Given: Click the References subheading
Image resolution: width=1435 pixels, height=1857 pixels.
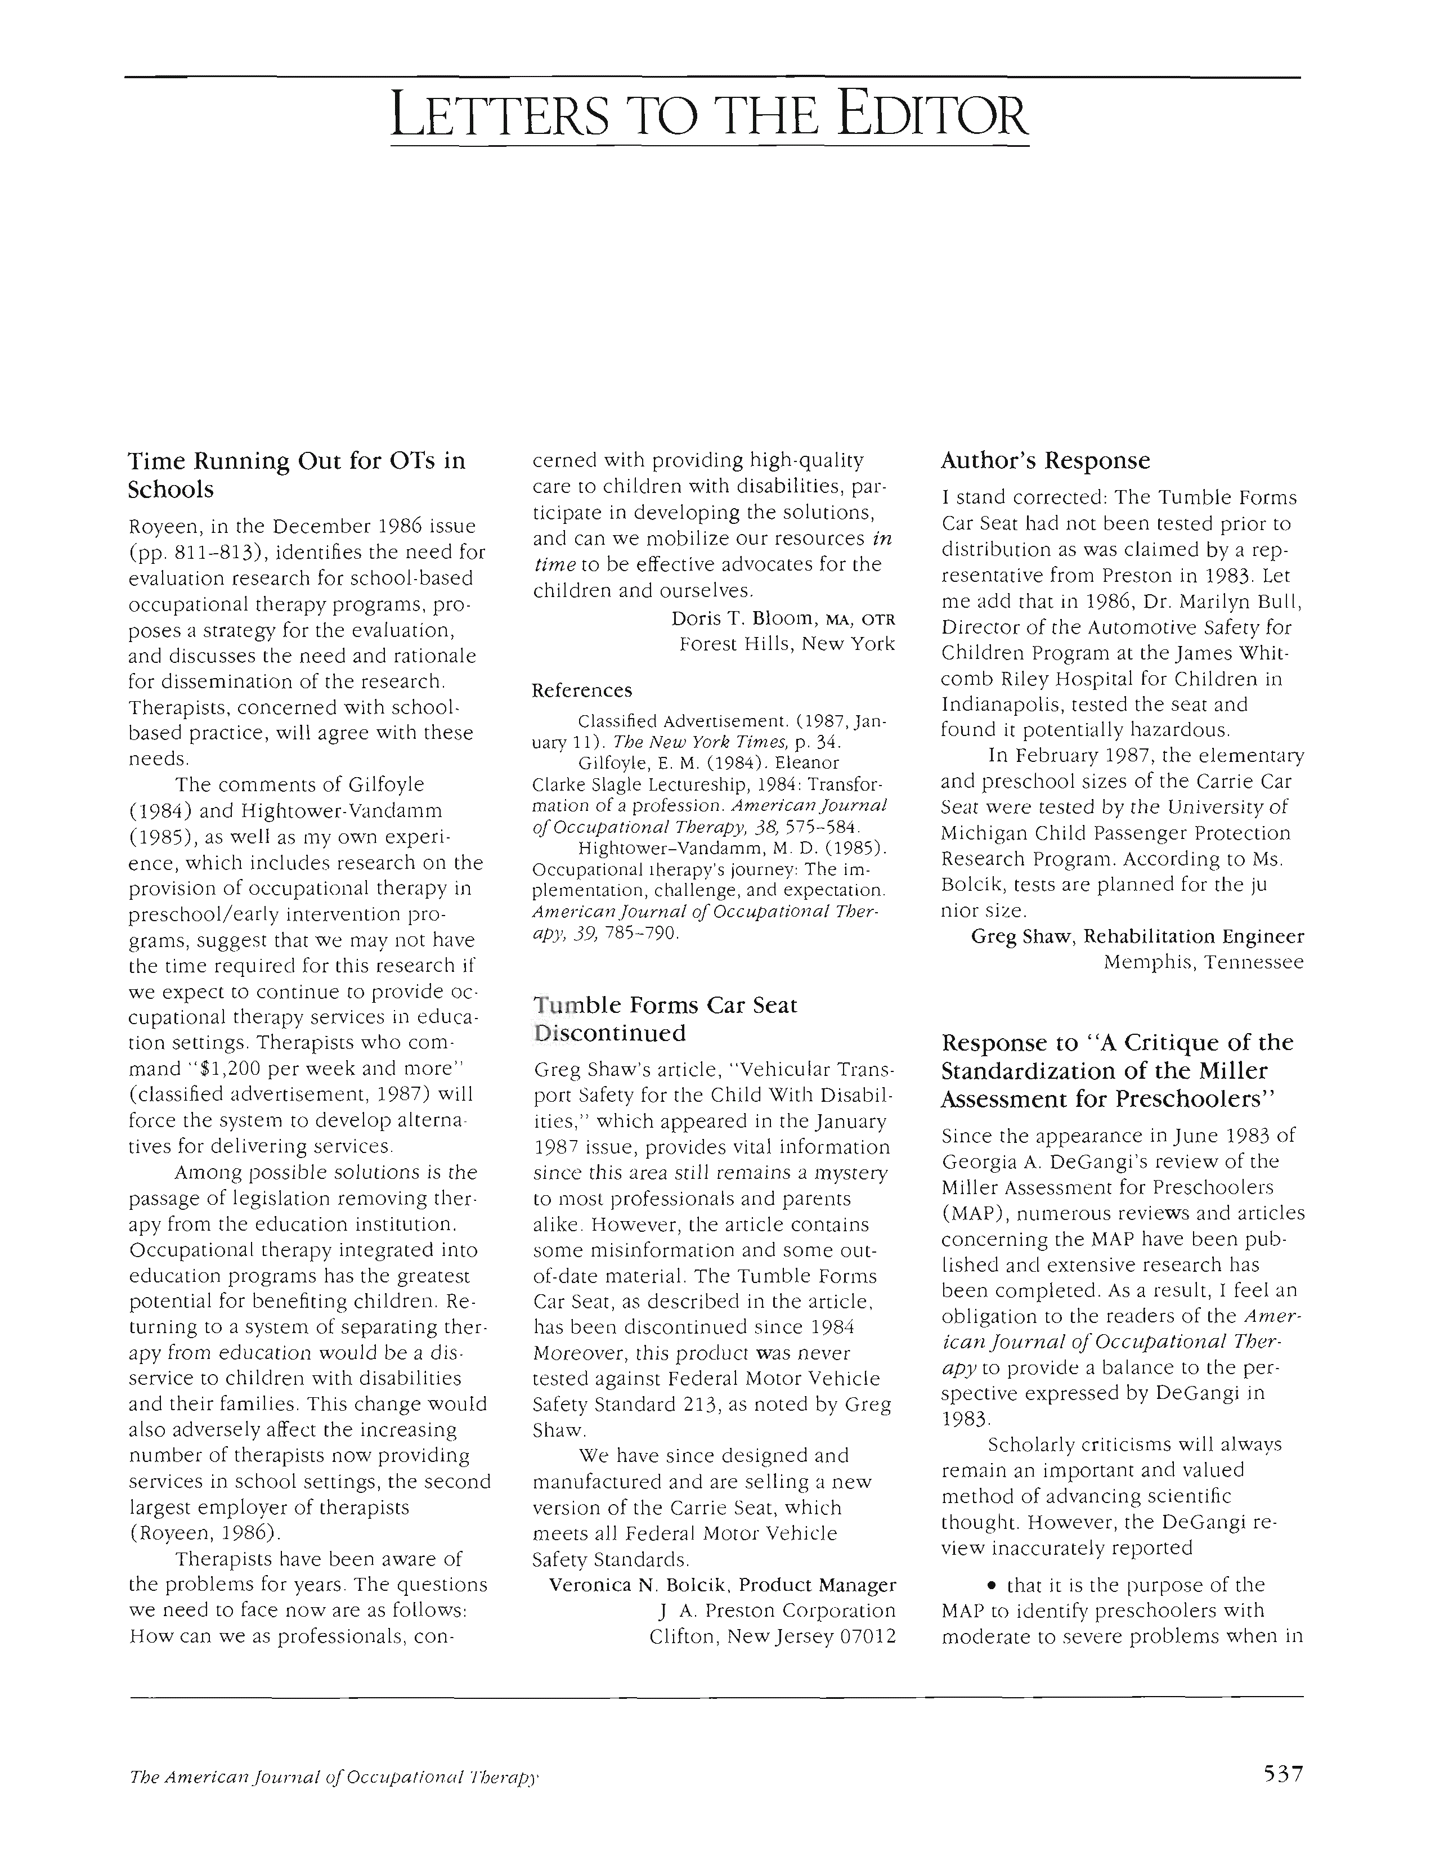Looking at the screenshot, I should (x=581, y=690).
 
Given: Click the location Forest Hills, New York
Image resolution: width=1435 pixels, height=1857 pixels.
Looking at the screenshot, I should (x=786, y=644).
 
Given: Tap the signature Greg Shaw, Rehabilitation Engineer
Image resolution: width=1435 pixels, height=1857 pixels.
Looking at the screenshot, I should (x=1137, y=936).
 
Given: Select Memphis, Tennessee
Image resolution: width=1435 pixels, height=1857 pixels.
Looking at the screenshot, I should (x=1203, y=962).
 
